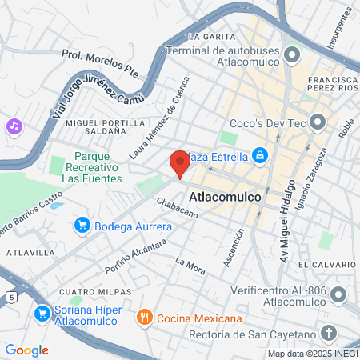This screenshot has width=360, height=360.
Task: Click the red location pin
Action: click(179, 164)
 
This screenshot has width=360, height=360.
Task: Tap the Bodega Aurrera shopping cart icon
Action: click(81, 226)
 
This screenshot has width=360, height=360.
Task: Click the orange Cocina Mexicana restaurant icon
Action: click(145, 316)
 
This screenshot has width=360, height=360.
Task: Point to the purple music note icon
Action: click(14, 126)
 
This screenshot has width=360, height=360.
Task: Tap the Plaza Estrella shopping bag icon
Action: click(259, 154)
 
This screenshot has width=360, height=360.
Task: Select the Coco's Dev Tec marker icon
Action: click(318, 122)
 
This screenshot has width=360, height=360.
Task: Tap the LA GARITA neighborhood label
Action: click(212, 37)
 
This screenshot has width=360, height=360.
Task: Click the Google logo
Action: click(26, 350)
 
